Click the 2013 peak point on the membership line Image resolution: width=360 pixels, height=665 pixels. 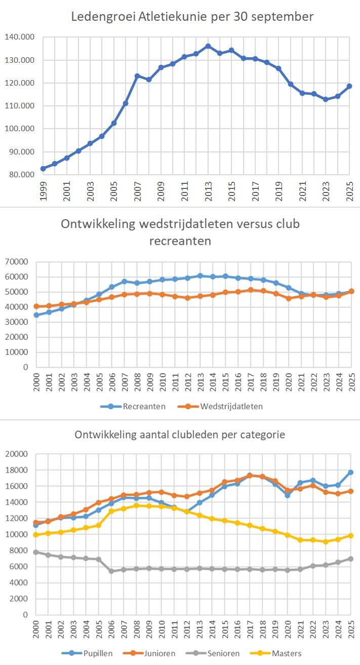pos(208,46)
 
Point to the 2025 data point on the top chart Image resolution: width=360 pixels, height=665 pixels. pos(349,86)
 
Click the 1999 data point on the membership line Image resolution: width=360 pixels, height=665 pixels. pos(43,169)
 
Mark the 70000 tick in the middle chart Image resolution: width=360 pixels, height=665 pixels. pos(18,262)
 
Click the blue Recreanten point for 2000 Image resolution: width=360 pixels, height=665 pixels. pos(36,315)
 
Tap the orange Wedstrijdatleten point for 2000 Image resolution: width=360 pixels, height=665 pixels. pos(36,306)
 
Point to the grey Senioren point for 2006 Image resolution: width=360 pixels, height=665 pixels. pos(111,571)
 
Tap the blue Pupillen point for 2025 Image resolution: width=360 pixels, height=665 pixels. pos(350,472)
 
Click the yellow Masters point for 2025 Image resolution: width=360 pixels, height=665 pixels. pos(350,535)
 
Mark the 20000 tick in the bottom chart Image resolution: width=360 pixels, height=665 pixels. pos(18,454)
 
